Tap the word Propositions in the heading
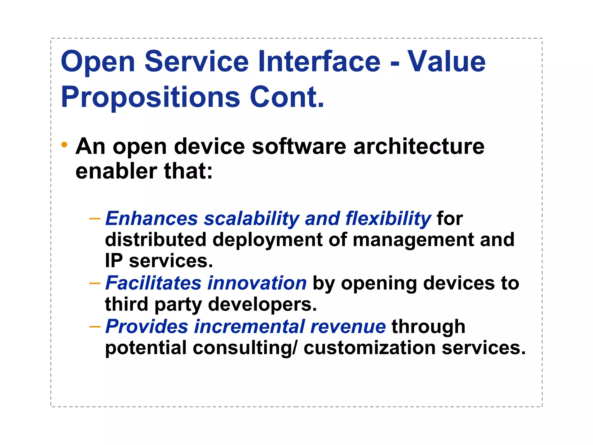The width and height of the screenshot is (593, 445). (150, 97)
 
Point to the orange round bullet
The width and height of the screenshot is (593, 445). (64, 145)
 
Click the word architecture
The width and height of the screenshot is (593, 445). (419, 146)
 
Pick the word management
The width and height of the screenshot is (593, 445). (413, 240)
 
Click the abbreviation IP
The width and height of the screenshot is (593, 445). (114, 260)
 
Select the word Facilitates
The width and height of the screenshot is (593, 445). (153, 283)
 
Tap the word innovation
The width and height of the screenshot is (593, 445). (257, 283)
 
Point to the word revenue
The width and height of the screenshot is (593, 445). (348, 327)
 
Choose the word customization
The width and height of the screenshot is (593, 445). (369, 348)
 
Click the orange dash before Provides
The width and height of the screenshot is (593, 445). (95, 327)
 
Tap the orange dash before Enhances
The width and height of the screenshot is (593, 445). (95, 218)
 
